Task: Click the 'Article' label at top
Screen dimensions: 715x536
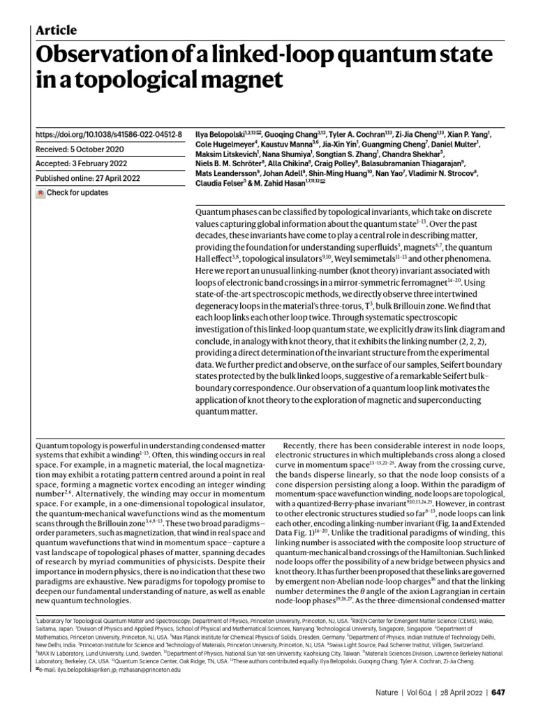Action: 55,29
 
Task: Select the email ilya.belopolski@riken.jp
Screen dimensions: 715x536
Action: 82,669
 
